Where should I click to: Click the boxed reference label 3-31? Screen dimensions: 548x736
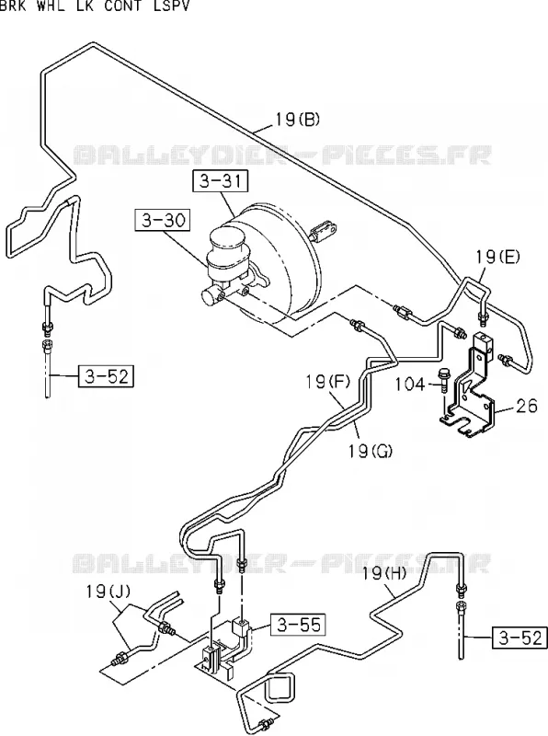click(x=220, y=181)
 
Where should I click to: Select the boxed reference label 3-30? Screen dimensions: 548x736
click(x=163, y=220)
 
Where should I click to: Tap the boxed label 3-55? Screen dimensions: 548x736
click(x=299, y=625)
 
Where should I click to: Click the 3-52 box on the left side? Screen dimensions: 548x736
click(x=106, y=376)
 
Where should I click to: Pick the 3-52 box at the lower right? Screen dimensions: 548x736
click(x=519, y=638)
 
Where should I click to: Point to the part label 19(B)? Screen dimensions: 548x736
click(x=297, y=120)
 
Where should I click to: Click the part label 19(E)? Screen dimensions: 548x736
click(x=497, y=257)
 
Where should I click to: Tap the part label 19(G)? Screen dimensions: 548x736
click(x=371, y=451)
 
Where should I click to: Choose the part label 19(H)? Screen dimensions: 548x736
click(x=384, y=572)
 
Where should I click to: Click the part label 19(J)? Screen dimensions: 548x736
click(x=108, y=592)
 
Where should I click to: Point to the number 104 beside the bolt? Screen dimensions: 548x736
click(x=409, y=385)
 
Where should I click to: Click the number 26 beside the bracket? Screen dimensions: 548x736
click(x=527, y=406)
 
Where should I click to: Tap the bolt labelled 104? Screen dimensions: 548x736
click(x=443, y=381)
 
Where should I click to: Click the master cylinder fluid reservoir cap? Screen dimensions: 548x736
click(x=227, y=239)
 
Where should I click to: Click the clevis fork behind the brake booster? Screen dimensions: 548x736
click(x=324, y=230)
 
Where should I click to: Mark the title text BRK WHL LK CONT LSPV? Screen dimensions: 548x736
click(x=95, y=6)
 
